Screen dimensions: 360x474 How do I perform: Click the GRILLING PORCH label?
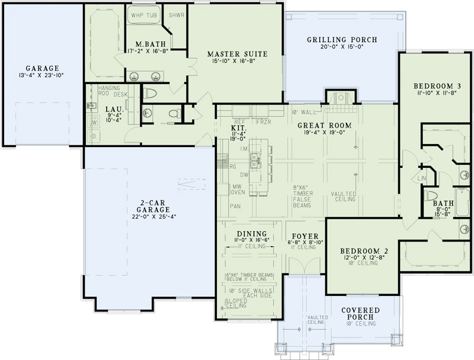point(342,40)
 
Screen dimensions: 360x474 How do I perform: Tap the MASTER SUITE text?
point(239,54)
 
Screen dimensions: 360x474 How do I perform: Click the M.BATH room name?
point(145,44)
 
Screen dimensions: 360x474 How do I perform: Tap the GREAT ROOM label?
point(325,125)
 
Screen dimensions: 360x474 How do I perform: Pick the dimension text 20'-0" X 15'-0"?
point(342,48)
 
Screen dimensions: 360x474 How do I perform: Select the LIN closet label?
point(422,178)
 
